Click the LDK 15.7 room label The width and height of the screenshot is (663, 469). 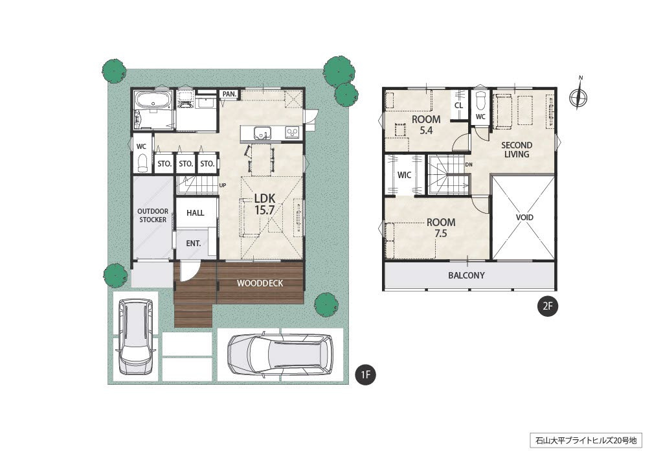click(265, 204)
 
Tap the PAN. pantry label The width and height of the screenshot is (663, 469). click(230, 94)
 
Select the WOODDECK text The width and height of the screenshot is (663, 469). click(260, 283)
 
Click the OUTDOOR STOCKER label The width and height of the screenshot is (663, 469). click(153, 215)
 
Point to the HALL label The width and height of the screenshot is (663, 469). click(196, 212)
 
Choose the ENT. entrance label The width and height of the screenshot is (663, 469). click(193, 244)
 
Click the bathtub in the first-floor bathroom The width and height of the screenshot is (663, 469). click(153, 100)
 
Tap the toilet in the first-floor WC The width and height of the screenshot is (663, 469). click(142, 162)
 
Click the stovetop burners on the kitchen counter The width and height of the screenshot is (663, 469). click(293, 133)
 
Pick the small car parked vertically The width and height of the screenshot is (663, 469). click(136, 337)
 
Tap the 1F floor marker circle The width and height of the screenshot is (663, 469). click(365, 374)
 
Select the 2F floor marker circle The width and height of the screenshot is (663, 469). click(548, 306)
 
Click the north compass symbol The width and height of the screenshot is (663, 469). click(578, 96)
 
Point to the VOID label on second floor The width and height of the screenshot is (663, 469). click(524, 218)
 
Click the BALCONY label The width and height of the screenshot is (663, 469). click(466, 275)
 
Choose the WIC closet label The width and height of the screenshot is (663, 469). click(404, 175)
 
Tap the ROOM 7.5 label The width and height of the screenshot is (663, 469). click(440, 227)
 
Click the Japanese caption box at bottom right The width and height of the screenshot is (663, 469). click(585, 440)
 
